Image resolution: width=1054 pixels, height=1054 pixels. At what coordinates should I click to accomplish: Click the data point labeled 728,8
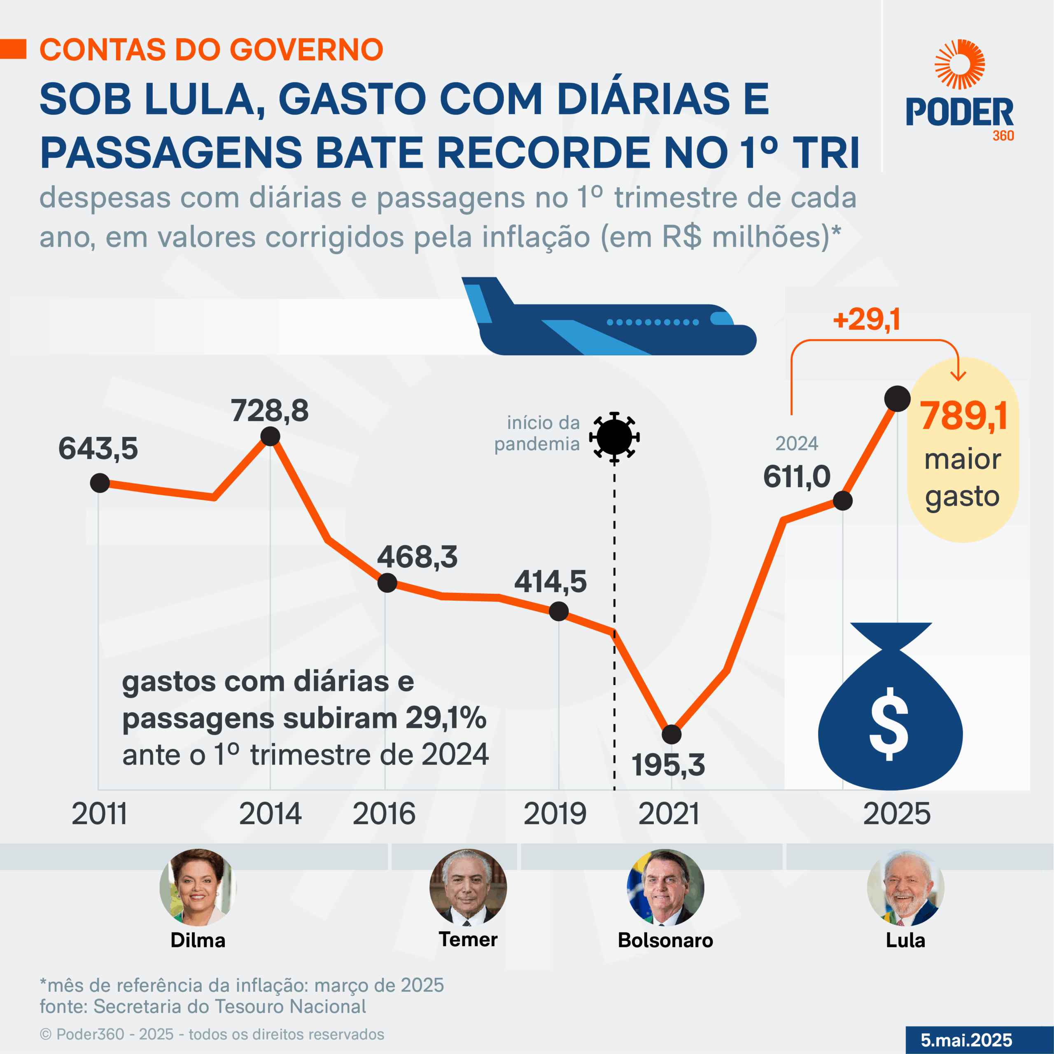click(270, 436)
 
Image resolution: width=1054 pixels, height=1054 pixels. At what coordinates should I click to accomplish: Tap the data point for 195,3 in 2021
click(671, 735)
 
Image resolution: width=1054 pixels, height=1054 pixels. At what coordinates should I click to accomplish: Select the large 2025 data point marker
click(897, 399)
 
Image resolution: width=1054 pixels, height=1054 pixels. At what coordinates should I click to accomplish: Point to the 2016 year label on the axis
click(384, 814)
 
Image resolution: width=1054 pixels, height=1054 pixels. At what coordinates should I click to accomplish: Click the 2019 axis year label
click(555, 814)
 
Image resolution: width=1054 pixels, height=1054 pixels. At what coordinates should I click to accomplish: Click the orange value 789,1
click(963, 416)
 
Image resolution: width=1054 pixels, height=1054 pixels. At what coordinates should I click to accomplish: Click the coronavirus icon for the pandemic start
click(614, 437)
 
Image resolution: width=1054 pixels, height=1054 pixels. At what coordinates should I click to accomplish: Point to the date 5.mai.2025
click(966, 1040)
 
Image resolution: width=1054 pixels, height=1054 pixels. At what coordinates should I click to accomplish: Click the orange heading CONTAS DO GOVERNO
click(212, 50)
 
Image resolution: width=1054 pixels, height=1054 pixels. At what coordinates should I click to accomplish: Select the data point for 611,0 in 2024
click(842, 500)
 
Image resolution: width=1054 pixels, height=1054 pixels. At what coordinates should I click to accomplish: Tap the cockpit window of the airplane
click(721, 319)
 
